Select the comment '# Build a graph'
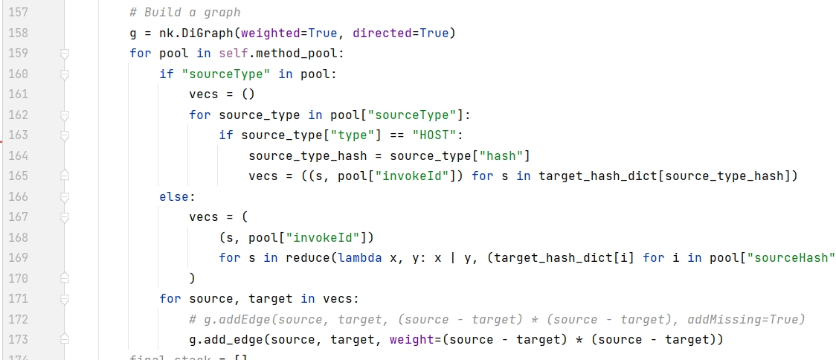(184, 13)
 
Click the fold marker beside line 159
(64, 54)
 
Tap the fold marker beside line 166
(64, 196)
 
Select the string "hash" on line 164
(505, 155)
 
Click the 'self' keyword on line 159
(234, 54)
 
